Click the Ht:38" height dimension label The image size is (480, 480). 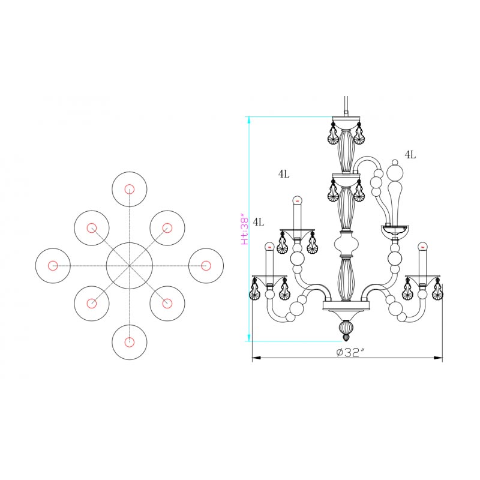tap(245, 229)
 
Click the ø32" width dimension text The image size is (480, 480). tap(351, 352)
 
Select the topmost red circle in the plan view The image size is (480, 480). tap(130, 189)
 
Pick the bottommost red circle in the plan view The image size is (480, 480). tap(130, 342)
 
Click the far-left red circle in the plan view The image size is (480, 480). tap(53, 265)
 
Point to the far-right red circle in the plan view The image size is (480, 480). tap(206, 265)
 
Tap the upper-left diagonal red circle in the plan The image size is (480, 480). tap(92, 228)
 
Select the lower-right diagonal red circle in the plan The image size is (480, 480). tap(167, 304)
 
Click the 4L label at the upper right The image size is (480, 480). tap(410, 155)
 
